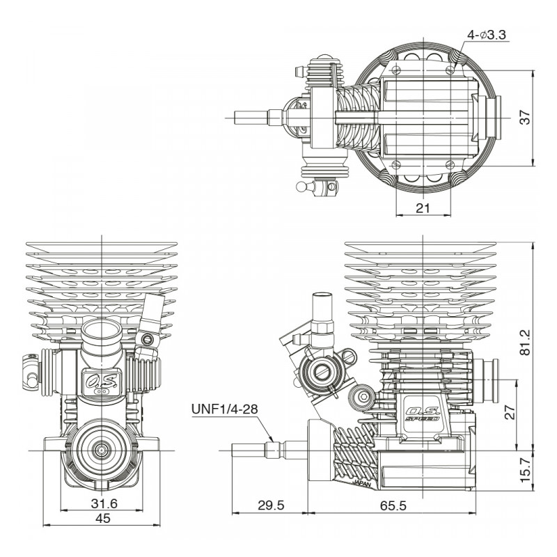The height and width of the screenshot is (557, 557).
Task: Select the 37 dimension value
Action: tap(526, 118)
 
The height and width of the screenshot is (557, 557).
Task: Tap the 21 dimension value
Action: tap(423, 207)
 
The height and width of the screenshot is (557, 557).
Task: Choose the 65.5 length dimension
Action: tap(393, 506)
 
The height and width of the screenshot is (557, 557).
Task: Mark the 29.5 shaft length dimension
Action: tap(269, 506)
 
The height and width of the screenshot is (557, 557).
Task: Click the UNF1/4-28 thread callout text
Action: tap(224, 409)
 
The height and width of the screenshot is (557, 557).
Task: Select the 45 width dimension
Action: tap(102, 518)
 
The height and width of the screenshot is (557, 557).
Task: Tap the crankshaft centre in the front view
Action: tap(102, 450)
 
